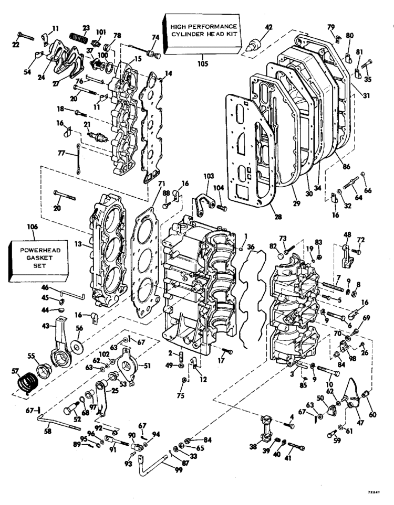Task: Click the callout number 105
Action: click(x=203, y=64)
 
